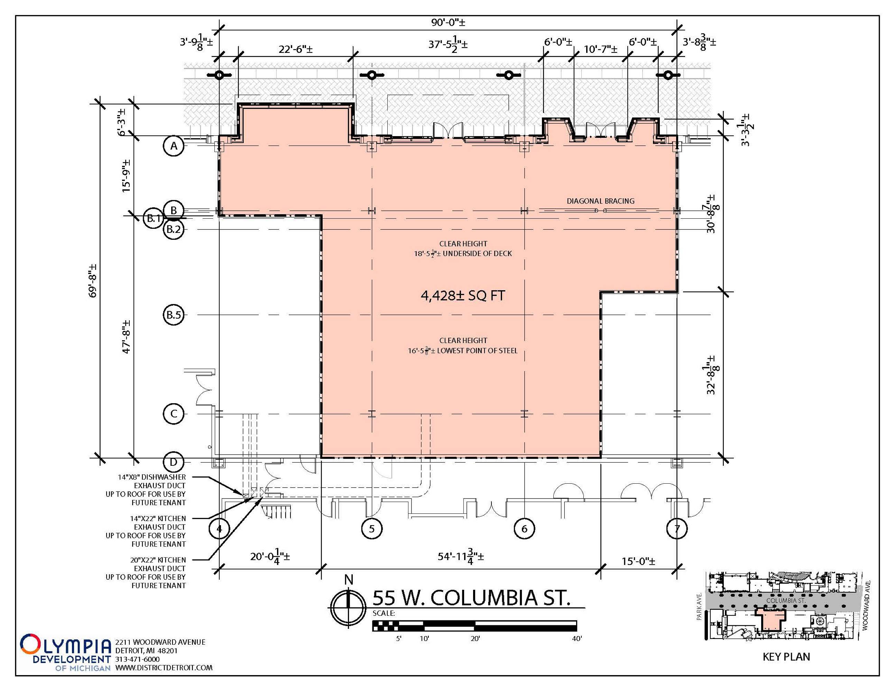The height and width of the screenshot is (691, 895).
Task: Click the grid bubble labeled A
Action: (x=174, y=146)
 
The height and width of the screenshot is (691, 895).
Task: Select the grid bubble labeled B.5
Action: (x=173, y=315)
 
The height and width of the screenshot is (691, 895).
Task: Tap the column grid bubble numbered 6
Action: (x=524, y=529)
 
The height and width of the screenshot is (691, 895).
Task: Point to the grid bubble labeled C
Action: (x=174, y=414)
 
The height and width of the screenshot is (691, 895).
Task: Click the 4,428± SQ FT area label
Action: (x=463, y=295)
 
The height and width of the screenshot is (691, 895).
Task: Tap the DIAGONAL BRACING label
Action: (x=600, y=201)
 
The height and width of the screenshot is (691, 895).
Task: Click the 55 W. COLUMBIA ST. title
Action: (x=471, y=598)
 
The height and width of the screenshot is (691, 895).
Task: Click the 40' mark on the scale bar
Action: (x=576, y=638)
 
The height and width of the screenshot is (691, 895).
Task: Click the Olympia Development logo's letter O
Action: (x=31, y=644)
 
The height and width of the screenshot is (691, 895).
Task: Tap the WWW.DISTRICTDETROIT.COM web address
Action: (x=164, y=668)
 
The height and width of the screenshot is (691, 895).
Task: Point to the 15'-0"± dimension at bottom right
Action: (x=638, y=561)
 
